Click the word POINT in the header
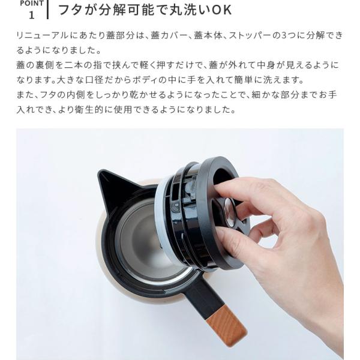(32, 3)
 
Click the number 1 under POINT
(32, 15)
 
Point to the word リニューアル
(43, 35)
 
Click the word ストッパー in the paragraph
(250, 35)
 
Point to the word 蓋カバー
(169, 35)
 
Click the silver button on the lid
(230, 212)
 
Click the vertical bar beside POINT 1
(47, 9)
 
